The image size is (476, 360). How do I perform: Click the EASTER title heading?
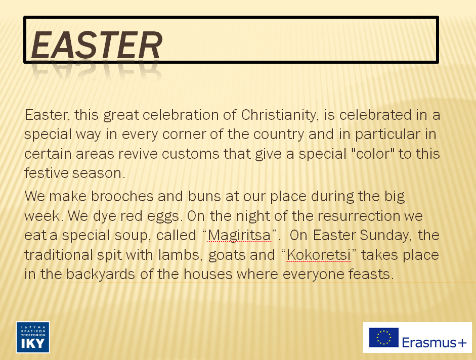click(x=97, y=45)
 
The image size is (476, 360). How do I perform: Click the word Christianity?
click(x=280, y=115)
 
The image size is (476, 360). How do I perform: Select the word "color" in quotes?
click(x=372, y=154)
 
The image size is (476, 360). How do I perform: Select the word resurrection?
click(x=359, y=216)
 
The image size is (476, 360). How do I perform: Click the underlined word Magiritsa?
click(x=239, y=236)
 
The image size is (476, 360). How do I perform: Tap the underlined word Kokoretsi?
click(x=319, y=255)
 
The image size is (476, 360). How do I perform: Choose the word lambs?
click(x=180, y=255)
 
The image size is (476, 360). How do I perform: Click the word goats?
click(x=227, y=255)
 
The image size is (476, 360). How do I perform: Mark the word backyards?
click(x=101, y=275)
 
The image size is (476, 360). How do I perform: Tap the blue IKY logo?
click(x=33, y=337)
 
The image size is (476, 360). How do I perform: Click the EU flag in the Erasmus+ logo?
click(x=384, y=338)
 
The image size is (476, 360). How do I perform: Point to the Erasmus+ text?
click(x=434, y=342)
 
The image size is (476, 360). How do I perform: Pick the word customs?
click(x=191, y=154)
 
